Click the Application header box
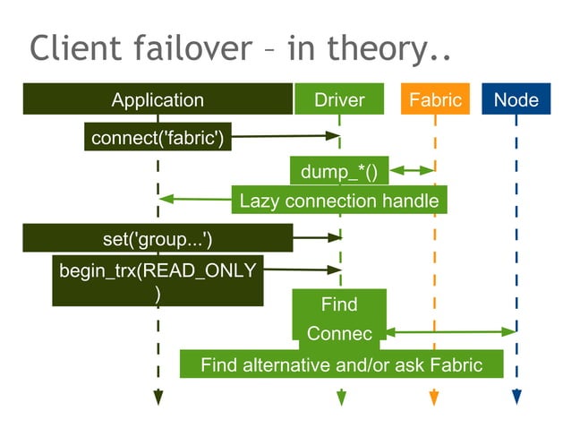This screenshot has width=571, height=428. point(158,99)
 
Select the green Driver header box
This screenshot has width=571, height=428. point(339,99)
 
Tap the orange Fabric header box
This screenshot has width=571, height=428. point(435,99)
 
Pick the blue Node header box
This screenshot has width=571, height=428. point(516,99)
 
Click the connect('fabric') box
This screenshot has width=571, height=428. point(158,137)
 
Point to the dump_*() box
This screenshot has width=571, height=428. point(339,170)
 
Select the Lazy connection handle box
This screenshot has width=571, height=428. point(339,200)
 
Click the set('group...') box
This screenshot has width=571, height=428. point(158,238)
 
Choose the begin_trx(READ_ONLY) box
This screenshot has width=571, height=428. point(158,281)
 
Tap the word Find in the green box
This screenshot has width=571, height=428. point(339,304)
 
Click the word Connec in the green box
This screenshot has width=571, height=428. point(339,333)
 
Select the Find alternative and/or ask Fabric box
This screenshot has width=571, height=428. point(341,364)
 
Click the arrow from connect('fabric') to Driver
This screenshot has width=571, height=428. point(282,137)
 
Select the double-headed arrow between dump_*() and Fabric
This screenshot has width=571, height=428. point(412,169)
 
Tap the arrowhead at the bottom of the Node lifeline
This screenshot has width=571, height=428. point(516,397)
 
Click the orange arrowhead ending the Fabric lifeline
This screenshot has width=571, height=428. point(434,397)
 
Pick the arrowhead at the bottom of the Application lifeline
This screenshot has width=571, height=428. point(158,397)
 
